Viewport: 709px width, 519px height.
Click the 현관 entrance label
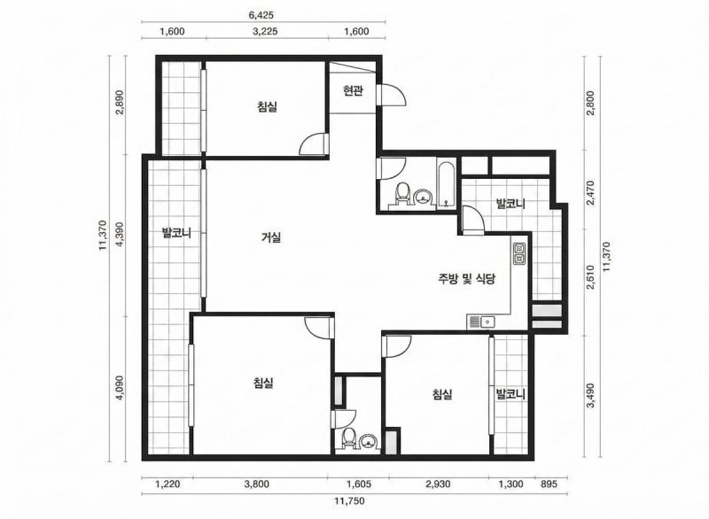pyautogui.click(x=353, y=91)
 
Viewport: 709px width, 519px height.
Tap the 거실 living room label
pyautogui.click(x=271, y=236)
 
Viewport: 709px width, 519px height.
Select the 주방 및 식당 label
pyautogui.click(x=466, y=278)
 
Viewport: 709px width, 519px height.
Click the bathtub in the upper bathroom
pyautogui.click(x=447, y=184)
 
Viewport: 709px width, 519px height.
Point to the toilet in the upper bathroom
pyautogui.click(x=401, y=195)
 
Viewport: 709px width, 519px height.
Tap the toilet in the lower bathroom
pyautogui.click(x=347, y=438)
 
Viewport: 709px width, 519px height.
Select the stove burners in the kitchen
pyautogui.click(x=519, y=253)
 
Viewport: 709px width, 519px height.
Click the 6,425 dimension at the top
pyautogui.click(x=261, y=15)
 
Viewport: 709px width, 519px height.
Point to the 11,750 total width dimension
pyautogui.click(x=349, y=500)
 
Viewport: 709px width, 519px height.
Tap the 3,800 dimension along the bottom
pyautogui.click(x=257, y=484)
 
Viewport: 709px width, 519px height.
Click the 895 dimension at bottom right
pyautogui.click(x=549, y=484)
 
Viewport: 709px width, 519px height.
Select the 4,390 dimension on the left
pyautogui.click(x=120, y=234)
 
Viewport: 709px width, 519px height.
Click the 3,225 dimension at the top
pyautogui.click(x=265, y=31)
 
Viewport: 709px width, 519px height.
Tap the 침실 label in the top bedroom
pyautogui.click(x=268, y=107)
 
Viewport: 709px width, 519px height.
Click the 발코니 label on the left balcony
pyautogui.click(x=176, y=233)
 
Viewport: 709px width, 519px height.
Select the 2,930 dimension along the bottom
pyautogui.click(x=438, y=484)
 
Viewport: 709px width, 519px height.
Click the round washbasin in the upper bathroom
pyautogui.click(x=424, y=197)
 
